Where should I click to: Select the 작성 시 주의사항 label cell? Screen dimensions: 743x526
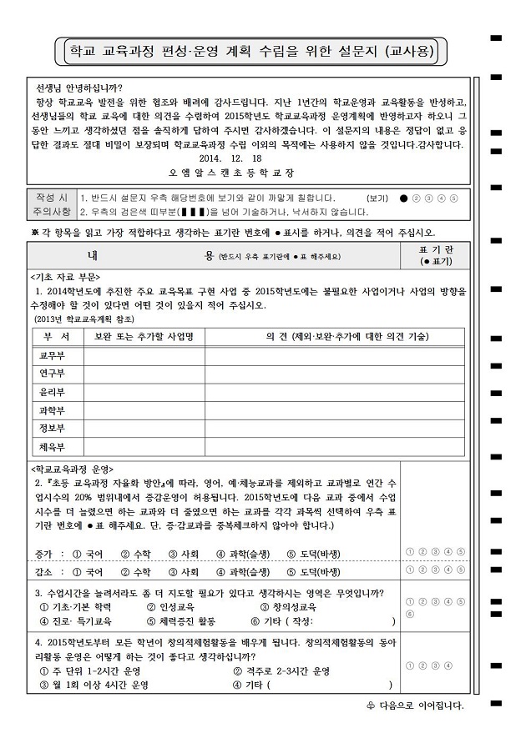coord(51,204)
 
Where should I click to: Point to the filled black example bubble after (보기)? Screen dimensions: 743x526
coord(404,198)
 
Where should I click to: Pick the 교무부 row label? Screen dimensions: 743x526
coord(53,355)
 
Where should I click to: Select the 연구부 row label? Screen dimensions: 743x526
coord(53,373)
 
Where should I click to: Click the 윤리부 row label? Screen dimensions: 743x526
coord(53,391)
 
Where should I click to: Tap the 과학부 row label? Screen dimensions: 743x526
coord(53,409)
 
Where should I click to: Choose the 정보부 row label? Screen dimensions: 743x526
coord(53,428)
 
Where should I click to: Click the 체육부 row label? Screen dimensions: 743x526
coord(53,446)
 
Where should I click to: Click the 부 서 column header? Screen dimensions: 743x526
coord(55,336)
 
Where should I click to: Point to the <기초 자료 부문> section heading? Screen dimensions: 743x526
coord(66,277)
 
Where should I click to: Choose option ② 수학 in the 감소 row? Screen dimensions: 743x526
coord(135,573)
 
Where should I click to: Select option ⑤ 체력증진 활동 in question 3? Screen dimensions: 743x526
coord(180,621)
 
